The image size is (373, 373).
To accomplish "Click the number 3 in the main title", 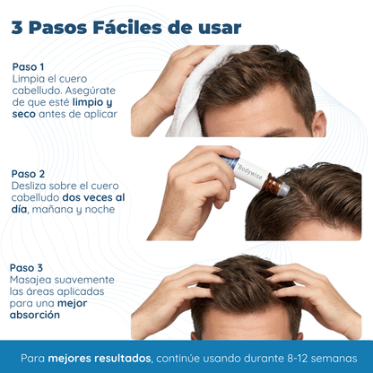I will point(18,27).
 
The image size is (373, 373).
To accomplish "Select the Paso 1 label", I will point(28,65).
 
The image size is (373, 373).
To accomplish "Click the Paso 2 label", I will point(28,173).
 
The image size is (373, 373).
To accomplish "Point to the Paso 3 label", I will point(28,267).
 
